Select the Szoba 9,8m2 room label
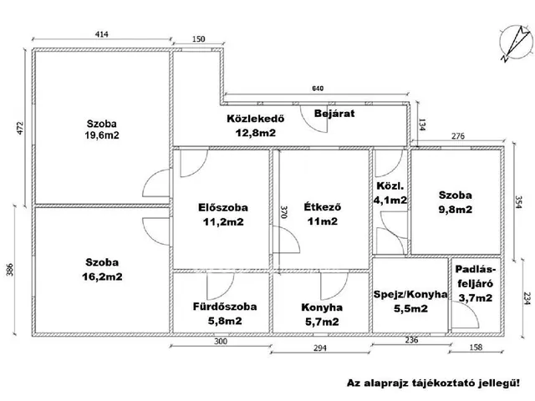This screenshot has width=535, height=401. [x=456, y=202]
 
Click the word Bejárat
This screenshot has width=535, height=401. [x=333, y=112]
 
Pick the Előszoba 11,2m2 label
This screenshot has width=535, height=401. [x=223, y=214]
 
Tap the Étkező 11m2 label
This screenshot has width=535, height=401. [x=322, y=214]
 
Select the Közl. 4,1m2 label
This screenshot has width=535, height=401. [x=390, y=193]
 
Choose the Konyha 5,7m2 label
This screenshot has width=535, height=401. [x=321, y=313]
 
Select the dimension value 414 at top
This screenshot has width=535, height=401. [x=102, y=35]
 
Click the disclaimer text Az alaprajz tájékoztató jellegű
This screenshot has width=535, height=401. [x=433, y=382]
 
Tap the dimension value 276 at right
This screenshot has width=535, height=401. [x=457, y=135]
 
